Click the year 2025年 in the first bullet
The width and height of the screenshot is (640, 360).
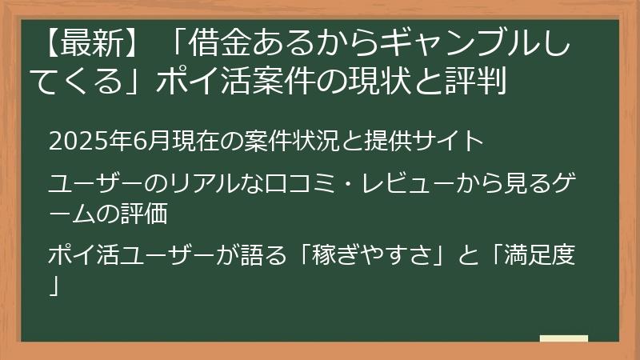tap(83, 142)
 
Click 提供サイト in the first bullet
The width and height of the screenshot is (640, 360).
tap(435, 142)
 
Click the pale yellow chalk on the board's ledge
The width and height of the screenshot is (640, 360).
tap(563, 338)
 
